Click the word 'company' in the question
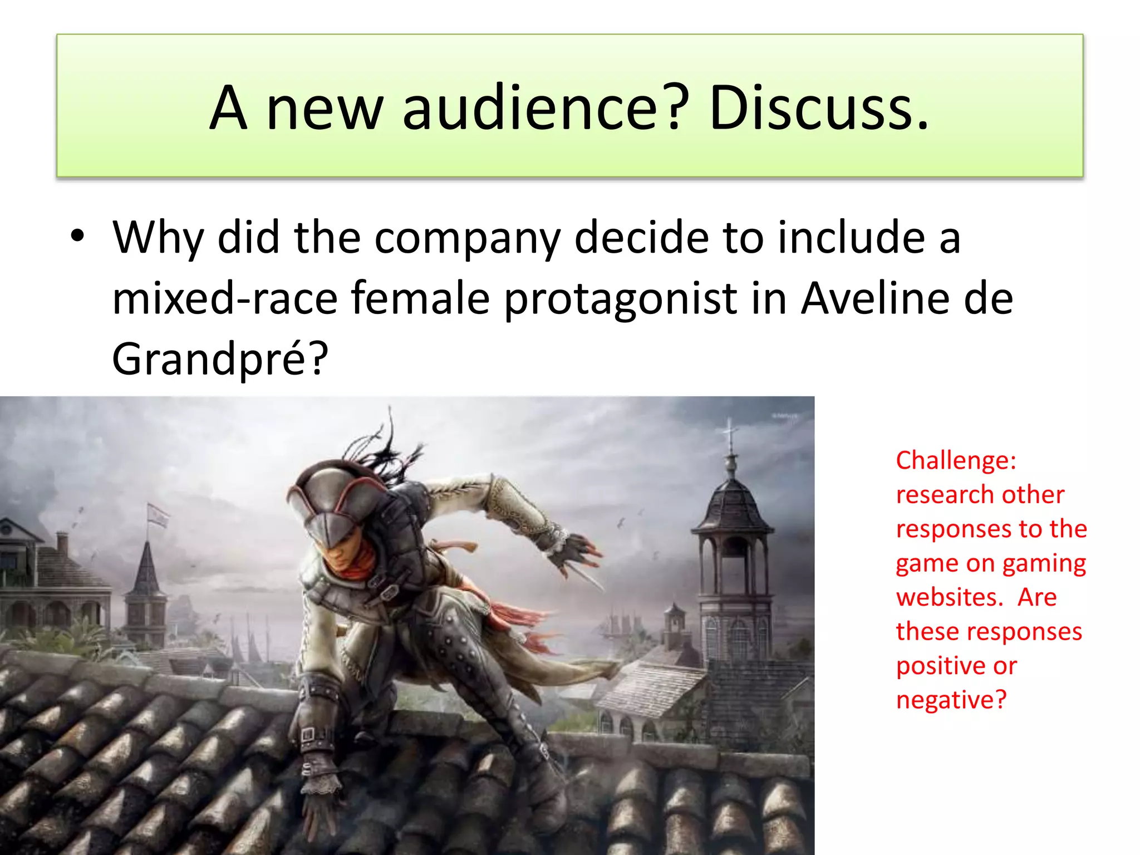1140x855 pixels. click(x=467, y=238)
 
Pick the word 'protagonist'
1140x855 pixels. click(x=621, y=299)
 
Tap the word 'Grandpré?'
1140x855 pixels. click(x=220, y=359)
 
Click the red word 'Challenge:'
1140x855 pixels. click(x=956, y=460)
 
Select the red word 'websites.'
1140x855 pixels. click(x=949, y=597)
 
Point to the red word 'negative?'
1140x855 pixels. click(x=951, y=700)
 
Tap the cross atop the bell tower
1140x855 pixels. click(x=730, y=431)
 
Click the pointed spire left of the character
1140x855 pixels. click(x=146, y=568)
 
